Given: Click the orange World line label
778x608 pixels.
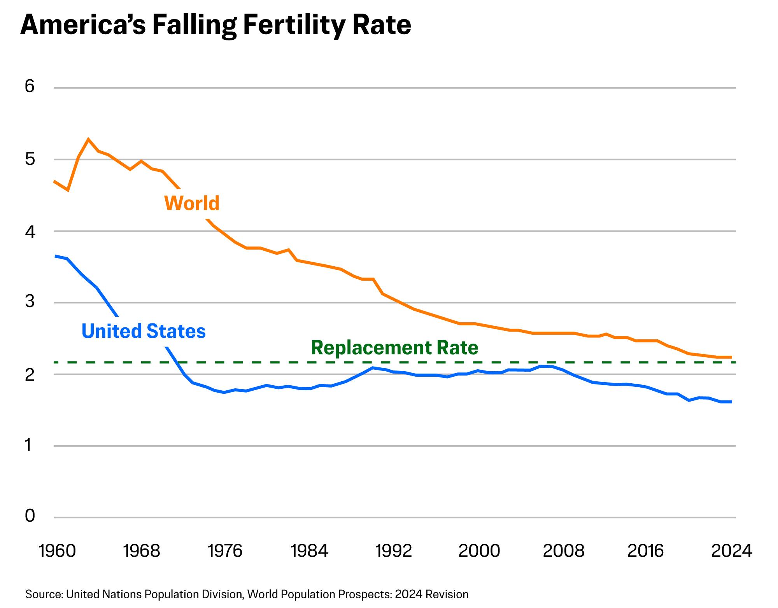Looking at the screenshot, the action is click(x=192, y=203).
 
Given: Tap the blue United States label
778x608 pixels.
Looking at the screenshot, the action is click(x=144, y=331).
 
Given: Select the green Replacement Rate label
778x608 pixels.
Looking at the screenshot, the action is click(x=394, y=348).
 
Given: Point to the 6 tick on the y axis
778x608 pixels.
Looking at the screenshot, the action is click(x=30, y=86).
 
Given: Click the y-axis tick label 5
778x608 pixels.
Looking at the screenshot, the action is click(x=30, y=159).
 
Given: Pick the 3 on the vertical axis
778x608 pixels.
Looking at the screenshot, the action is click(x=30, y=302).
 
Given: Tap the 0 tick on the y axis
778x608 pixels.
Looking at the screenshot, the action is click(x=30, y=516).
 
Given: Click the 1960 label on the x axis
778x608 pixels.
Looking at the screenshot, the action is click(x=58, y=551).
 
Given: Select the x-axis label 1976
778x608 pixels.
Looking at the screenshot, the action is click(x=225, y=551).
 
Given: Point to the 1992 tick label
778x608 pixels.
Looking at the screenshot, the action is click(x=394, y=551).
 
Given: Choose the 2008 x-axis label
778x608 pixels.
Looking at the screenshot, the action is click(x=563, y=551).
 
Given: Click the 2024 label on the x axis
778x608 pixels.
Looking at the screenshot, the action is click(x=732, y=551).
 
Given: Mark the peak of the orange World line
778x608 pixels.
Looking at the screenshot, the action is click(x=88, y=139).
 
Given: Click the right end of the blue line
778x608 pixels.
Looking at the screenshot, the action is click(x=732, y=402).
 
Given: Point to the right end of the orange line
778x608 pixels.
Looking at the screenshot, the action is click(x=732, y=357).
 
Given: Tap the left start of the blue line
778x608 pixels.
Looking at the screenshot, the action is click(x=54, y=256).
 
